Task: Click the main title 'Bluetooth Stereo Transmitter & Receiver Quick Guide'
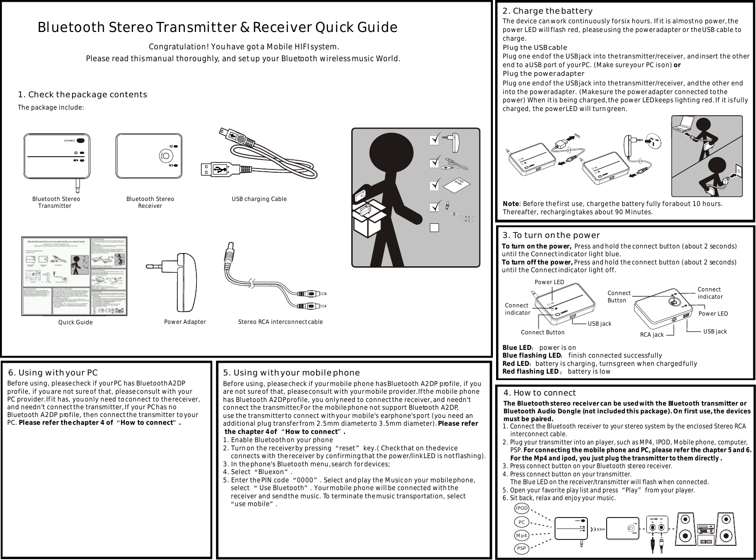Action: pyautogui.click(x=217, y=27)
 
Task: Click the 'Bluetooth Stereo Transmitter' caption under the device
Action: pyautogui.click(x=56, y=202)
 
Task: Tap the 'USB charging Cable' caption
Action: pyautogui.click(x=259, y=199)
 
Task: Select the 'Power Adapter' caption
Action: pyautogui.click(x=185, y=322)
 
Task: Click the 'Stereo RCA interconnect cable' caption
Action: pyautogui.click(x=280, y=322)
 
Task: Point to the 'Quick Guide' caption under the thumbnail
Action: pyautogui.click(x=75, y=322)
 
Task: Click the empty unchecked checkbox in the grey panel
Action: pyautogui.click(x=434, y=227)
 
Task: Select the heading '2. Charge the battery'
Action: pyautogui.click(x=547, y=11)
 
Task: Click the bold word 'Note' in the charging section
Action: pyautogui.click(x=511, y=203)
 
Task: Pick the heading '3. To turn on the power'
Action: pyautogui.click(x=551, y=235)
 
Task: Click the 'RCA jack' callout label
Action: pyautogui.click(x=651, y=335)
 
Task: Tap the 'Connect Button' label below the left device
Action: pyautogui.click(x=542, y=332)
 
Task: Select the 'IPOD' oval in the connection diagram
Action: pyautogui.click(x=521, y=508)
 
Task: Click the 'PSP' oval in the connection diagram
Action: pyautogui.click(x=521, y=548)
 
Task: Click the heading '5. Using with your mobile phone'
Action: pyautogui.click(x=291, y=374)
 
